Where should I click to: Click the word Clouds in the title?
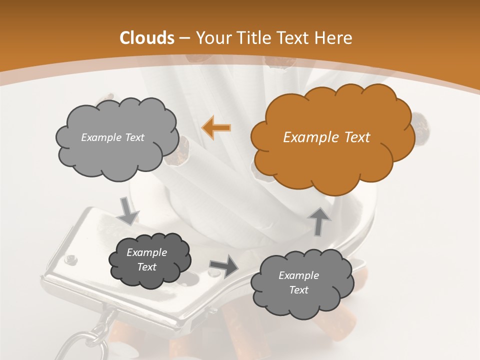click(147, 38)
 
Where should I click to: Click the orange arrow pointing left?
click(216, 127)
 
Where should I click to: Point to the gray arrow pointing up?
click(319, 220)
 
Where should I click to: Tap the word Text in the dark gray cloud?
click(146, 267)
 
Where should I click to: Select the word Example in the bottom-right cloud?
click(298, 275)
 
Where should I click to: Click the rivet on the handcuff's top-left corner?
click(71, 259)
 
